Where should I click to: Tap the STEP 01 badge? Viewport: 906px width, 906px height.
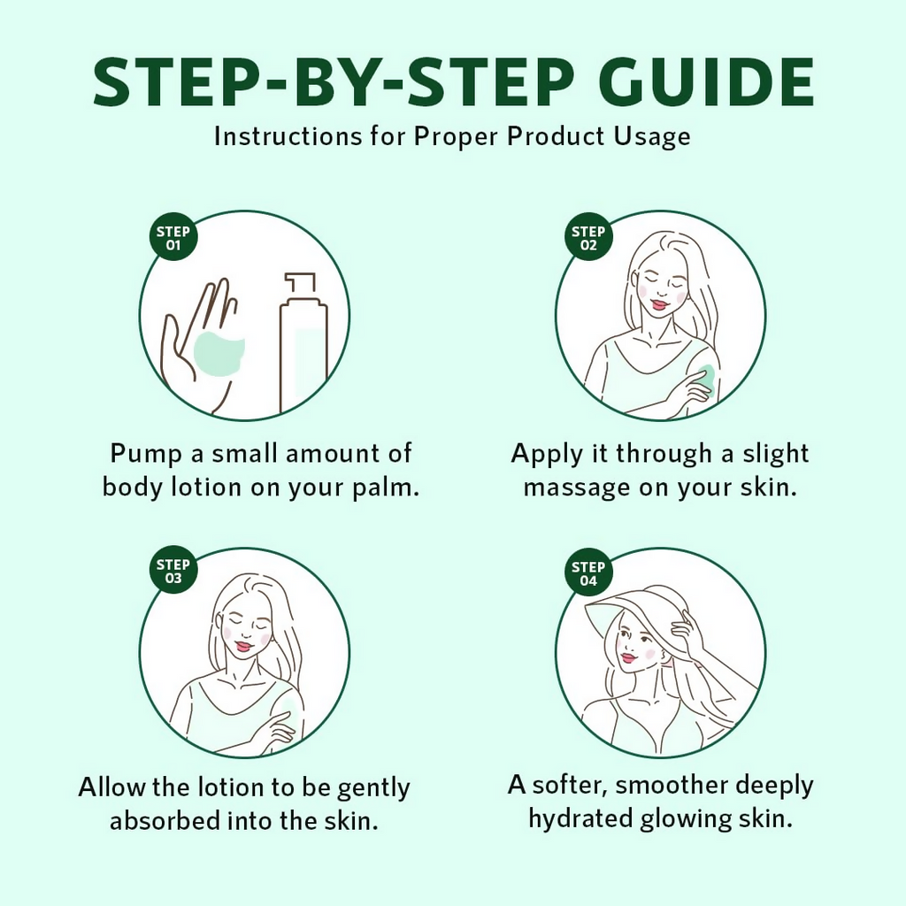[173, 237]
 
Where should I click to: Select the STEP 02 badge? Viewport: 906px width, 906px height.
[588, 237]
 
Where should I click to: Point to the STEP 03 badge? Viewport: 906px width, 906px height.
[173, 571]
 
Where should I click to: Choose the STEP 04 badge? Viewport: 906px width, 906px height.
[588, 572]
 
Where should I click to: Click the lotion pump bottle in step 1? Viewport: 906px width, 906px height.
[303, 346]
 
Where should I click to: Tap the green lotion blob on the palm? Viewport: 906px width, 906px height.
[219, 354]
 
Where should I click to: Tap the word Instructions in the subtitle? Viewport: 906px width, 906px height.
[288, 137]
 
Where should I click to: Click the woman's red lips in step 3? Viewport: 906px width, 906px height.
[242, 645]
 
